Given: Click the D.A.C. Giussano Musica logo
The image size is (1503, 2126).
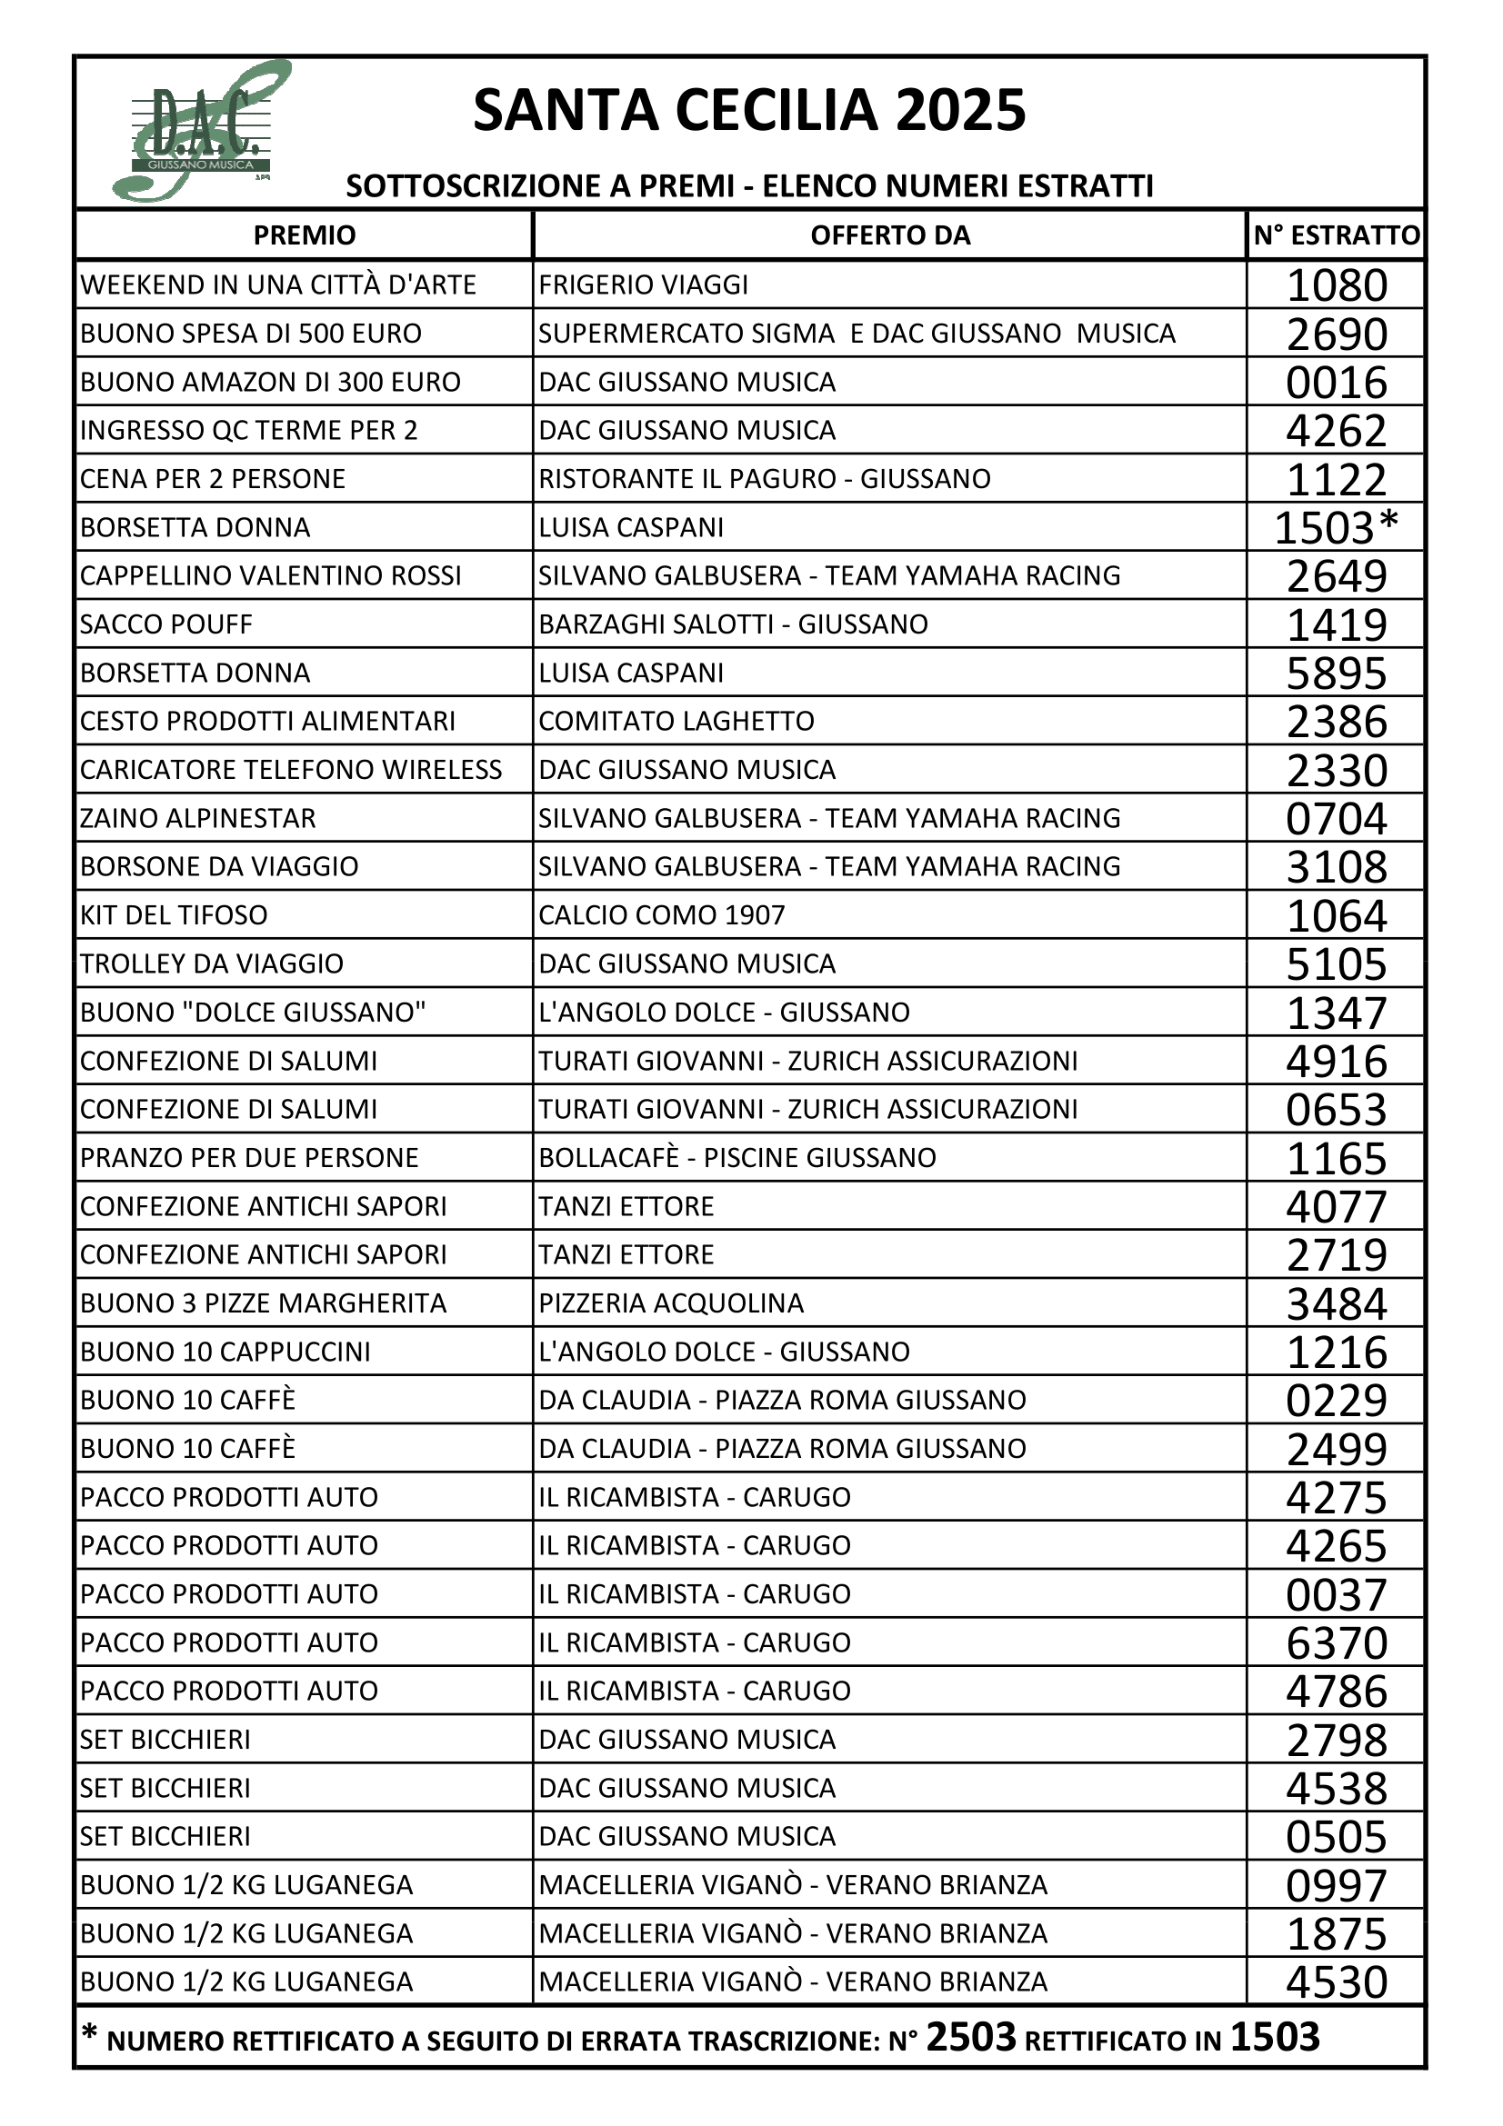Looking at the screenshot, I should coord(201,132).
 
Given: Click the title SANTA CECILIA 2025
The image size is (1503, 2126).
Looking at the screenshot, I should coord(749,111).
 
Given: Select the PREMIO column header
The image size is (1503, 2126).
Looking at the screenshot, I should coord(304,235).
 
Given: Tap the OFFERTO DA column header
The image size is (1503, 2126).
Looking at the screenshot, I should coord(890,235).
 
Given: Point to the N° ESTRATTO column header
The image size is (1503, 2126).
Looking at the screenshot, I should coord(1336,235).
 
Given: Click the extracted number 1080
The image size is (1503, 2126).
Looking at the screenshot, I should coord(1337,285).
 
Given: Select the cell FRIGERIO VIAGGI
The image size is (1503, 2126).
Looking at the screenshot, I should coord(643,285).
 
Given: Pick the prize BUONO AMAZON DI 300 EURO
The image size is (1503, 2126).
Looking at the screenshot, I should coord(269,383).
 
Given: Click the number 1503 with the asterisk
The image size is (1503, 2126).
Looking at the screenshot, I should coord(1336,528).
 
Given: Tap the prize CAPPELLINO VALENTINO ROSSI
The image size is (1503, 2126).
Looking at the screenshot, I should coord(270,576).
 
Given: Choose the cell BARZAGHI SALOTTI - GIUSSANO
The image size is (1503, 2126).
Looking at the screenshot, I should coord(733,624).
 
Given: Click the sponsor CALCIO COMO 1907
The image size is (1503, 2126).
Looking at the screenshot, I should coord(661,915).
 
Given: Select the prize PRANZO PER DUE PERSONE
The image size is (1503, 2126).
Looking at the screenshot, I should coord(249,1157).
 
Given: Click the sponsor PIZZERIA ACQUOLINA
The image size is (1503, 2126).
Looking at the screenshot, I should coord(670,1303).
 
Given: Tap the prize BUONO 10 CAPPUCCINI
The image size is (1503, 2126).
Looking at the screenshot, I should coord(225,1352).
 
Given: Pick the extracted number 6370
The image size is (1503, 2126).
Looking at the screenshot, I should coord(1337,1642).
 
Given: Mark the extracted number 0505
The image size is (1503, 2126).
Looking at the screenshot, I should coord(1337,1836).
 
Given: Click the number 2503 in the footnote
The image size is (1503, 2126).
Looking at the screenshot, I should coord(970,2038).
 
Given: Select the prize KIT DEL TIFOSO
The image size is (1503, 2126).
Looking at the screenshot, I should coord(173,915).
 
